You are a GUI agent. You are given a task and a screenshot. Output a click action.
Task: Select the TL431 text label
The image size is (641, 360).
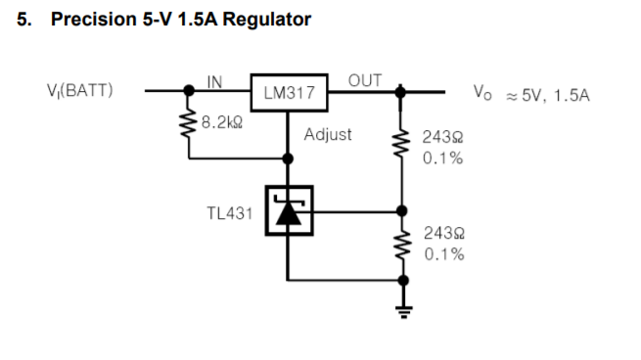pos(228,210)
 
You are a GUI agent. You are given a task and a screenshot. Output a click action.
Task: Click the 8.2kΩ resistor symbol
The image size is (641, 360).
pos(188,124)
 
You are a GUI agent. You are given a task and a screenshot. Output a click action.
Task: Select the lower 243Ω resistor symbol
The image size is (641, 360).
pos(400,243)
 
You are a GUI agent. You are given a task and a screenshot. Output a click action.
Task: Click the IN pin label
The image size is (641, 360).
pos(214,81)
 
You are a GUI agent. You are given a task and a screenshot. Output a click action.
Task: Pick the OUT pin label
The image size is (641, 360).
pos(364,80)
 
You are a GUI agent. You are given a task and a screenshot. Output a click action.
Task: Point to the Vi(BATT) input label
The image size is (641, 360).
pos(82,93)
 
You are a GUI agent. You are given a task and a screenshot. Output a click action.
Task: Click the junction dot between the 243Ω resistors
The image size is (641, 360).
pos(400,209)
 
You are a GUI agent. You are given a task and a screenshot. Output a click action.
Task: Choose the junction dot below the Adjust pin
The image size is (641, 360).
pos(288,156)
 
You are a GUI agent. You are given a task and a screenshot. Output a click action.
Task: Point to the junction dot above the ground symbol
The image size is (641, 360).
pos(400,278)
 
